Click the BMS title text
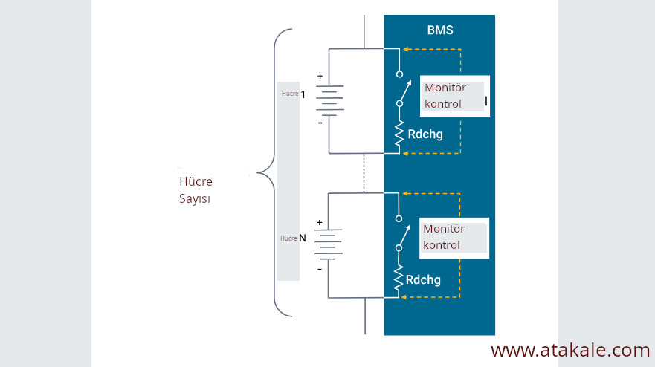click(439, 30)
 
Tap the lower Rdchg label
click(423, 280)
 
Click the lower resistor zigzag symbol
click(399, 279)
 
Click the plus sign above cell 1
click(320, 76)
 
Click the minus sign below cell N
click(320, 270)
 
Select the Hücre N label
click(293, 238)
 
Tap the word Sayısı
click(194, 199)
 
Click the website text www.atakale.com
click(570, 350)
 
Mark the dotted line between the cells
click(364, 172)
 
